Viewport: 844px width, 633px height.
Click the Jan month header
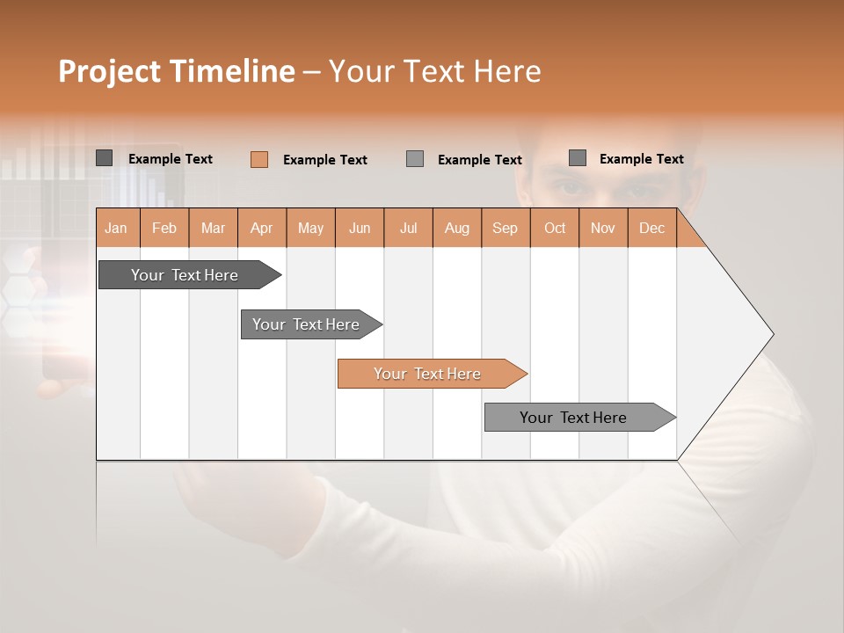pyautogui.click(x=117, y=228)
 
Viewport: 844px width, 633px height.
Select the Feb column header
pyautogui.click(x=164, y=228)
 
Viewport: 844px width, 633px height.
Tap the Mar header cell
pyautogui.click(x=213, y=228)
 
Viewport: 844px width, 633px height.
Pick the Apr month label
pyautogui.click(x=262, y=228)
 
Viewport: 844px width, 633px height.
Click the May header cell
pyautogui.click(x=310, y=228)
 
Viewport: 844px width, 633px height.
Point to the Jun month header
pyautogui.click(x=360, y=228)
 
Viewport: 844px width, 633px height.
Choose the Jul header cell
pyautogui.click(x=408, y=228)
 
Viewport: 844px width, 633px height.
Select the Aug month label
pyautogui.click(x=457, y=228)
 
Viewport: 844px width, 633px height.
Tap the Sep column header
pyautogui.click(x=506, y=228)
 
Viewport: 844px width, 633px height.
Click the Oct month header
pyautogui.click(x=555, y=228)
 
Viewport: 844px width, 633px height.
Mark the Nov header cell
pyautogui.click(x=603, y=228)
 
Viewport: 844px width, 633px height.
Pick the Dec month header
pyautogui.click(x=651, y=228)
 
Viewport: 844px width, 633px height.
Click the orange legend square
pyautogui.click(x=258, y=159)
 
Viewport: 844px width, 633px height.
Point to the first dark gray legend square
pyautogui.click(x=105, y=158)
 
